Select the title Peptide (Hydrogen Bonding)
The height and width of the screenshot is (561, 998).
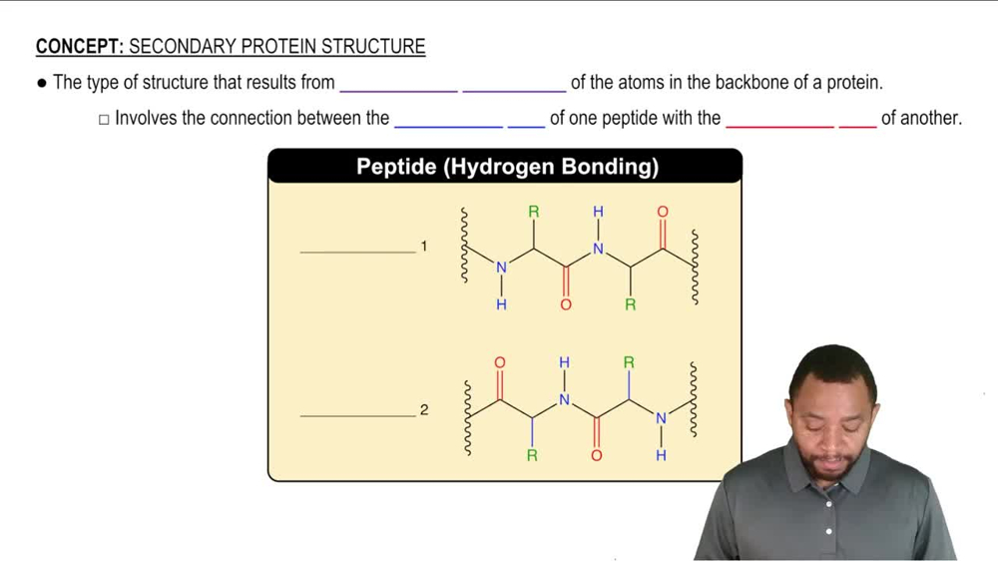pyautogui.click(x=507, y=167)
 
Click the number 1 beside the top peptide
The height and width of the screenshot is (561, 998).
pyautogui.click(x=424, y=246)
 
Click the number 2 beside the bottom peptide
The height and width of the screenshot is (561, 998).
pyautogui.click(x=424, y=410)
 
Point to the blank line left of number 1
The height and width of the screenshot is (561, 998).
pyautogui.click(x=357, y=252)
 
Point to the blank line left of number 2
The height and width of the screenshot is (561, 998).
pyautogui.click(x=357, y=415)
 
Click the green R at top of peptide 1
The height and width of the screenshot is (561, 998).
pyautogui.click(x=534, y=212)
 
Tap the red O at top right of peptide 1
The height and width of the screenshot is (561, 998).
pyautogui.click(x=663, y=212)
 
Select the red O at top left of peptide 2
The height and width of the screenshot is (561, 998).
pyautogui.click(x=500, y=362)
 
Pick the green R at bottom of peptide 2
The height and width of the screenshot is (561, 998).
pyautogui.click(x=532, y=455)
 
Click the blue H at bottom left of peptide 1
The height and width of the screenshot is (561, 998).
pyautogui.click(x=501, y=304)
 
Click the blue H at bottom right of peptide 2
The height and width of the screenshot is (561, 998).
pyautogui.click(x=661, y=455)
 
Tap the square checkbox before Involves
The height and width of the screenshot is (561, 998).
pyautogui.click(x=104, y=119)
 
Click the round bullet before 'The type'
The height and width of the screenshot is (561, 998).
pyautogui.click(x=42, y=84)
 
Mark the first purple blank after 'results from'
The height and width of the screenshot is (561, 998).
pyautogui.click(x=398, y=90)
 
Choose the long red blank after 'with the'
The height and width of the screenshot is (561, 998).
pyautogui.click(x=779, y=126)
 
